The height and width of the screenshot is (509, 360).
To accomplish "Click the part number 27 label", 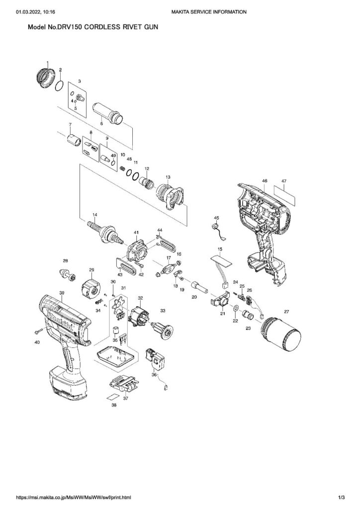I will point(286,311).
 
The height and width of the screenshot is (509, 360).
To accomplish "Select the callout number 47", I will point(284,181).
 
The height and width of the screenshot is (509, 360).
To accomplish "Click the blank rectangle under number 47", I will point(284,197).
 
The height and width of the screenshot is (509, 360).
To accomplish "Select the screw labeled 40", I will point(38,330).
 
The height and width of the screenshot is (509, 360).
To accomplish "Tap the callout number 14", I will point(94,214).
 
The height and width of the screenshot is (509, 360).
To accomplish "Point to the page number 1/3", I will point(341,497).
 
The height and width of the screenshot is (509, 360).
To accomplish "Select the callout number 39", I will point(62,293).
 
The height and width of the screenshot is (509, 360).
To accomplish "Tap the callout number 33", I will point(162,311).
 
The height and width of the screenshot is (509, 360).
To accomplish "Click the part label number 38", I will point(114,405).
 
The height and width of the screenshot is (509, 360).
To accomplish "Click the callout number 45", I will point(216,218).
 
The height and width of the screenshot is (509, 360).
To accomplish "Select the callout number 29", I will point(91,270).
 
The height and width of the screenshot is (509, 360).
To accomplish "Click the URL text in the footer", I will point(74,497).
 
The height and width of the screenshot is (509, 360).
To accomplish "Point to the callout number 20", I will point(194,296).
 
